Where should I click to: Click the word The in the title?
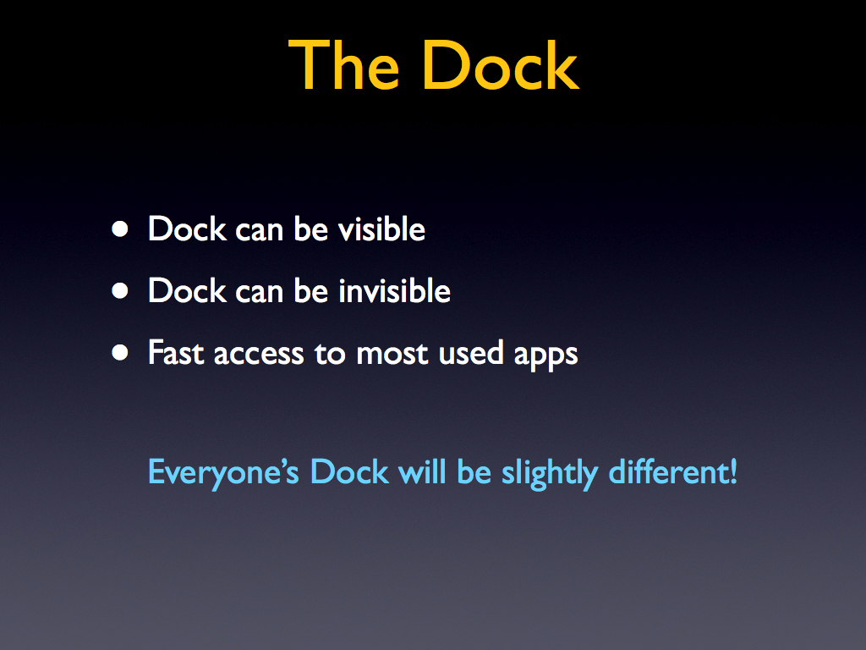pyautogui.click(x=343, y=65)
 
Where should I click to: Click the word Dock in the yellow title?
pyautogui.click(x=501, y=65)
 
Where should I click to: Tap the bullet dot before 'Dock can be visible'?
pyautogui.click(x=120, y=229)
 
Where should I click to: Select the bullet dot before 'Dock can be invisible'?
pyautogui.click(x=120, y=291)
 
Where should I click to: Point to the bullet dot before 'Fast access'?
pyautogui.click(x=120, y=353)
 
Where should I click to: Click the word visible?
pyautogui.click(x=381, y=229)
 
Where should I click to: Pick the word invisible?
pyautogui.click(x=394, y=290)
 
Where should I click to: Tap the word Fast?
pyautogui.click(x=176, y=352)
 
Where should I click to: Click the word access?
pyautogui.click(x=259, y=355)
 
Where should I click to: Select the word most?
pyautogui.click(x=392, y=355)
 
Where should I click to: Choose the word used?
pyautogui.click(x=471, y=352)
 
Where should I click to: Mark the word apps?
pyautogui.click(x=545, y=356)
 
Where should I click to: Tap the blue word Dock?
pyautogui.click(x=349, y=471)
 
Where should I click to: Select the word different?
pyautogui.click(x=668, y=471)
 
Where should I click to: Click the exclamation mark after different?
pyautogui.click(x=733, y=471)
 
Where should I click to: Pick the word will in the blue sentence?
pyautogui.click(x=423, y=471)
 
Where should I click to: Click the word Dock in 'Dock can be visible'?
pyautogui.click(x=188, y=229)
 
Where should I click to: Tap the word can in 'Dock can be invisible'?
pyautogui.click(x=260, y=292)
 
